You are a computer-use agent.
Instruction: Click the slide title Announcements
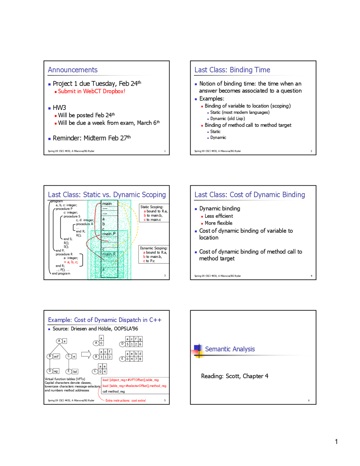click(73, 70)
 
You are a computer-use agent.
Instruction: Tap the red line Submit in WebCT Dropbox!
click(91, 91)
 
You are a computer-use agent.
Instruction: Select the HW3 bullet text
click(59, 108)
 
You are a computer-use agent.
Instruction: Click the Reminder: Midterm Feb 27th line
click(91, 138)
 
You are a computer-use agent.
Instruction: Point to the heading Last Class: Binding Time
click(232, 70)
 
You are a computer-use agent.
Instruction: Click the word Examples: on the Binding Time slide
click(211, 99)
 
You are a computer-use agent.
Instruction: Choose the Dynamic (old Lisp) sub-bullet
click(227, 119)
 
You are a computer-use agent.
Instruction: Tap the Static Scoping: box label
click(152, 207)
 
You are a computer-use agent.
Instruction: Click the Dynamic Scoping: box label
click(154, 248)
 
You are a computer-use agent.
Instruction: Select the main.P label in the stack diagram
click(109, 234)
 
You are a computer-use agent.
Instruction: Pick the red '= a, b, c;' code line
click(71, 262)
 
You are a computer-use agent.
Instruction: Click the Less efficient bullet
click(219, 216)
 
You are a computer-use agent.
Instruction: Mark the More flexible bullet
click(218, 223)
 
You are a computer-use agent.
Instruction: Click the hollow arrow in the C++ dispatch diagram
click(86, 354)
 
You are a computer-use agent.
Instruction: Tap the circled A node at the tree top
click(59, 341)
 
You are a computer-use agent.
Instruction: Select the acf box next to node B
click(56, 357)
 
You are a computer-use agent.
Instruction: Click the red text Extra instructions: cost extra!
click(125, 400)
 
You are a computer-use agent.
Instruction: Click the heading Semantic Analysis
click(230, 349)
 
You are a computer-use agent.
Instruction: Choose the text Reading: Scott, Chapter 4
click(235, 376)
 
